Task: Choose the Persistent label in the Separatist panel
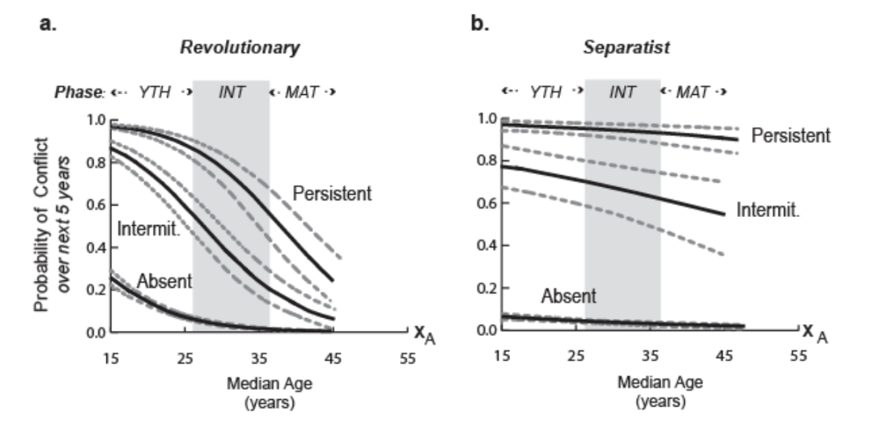791,136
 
